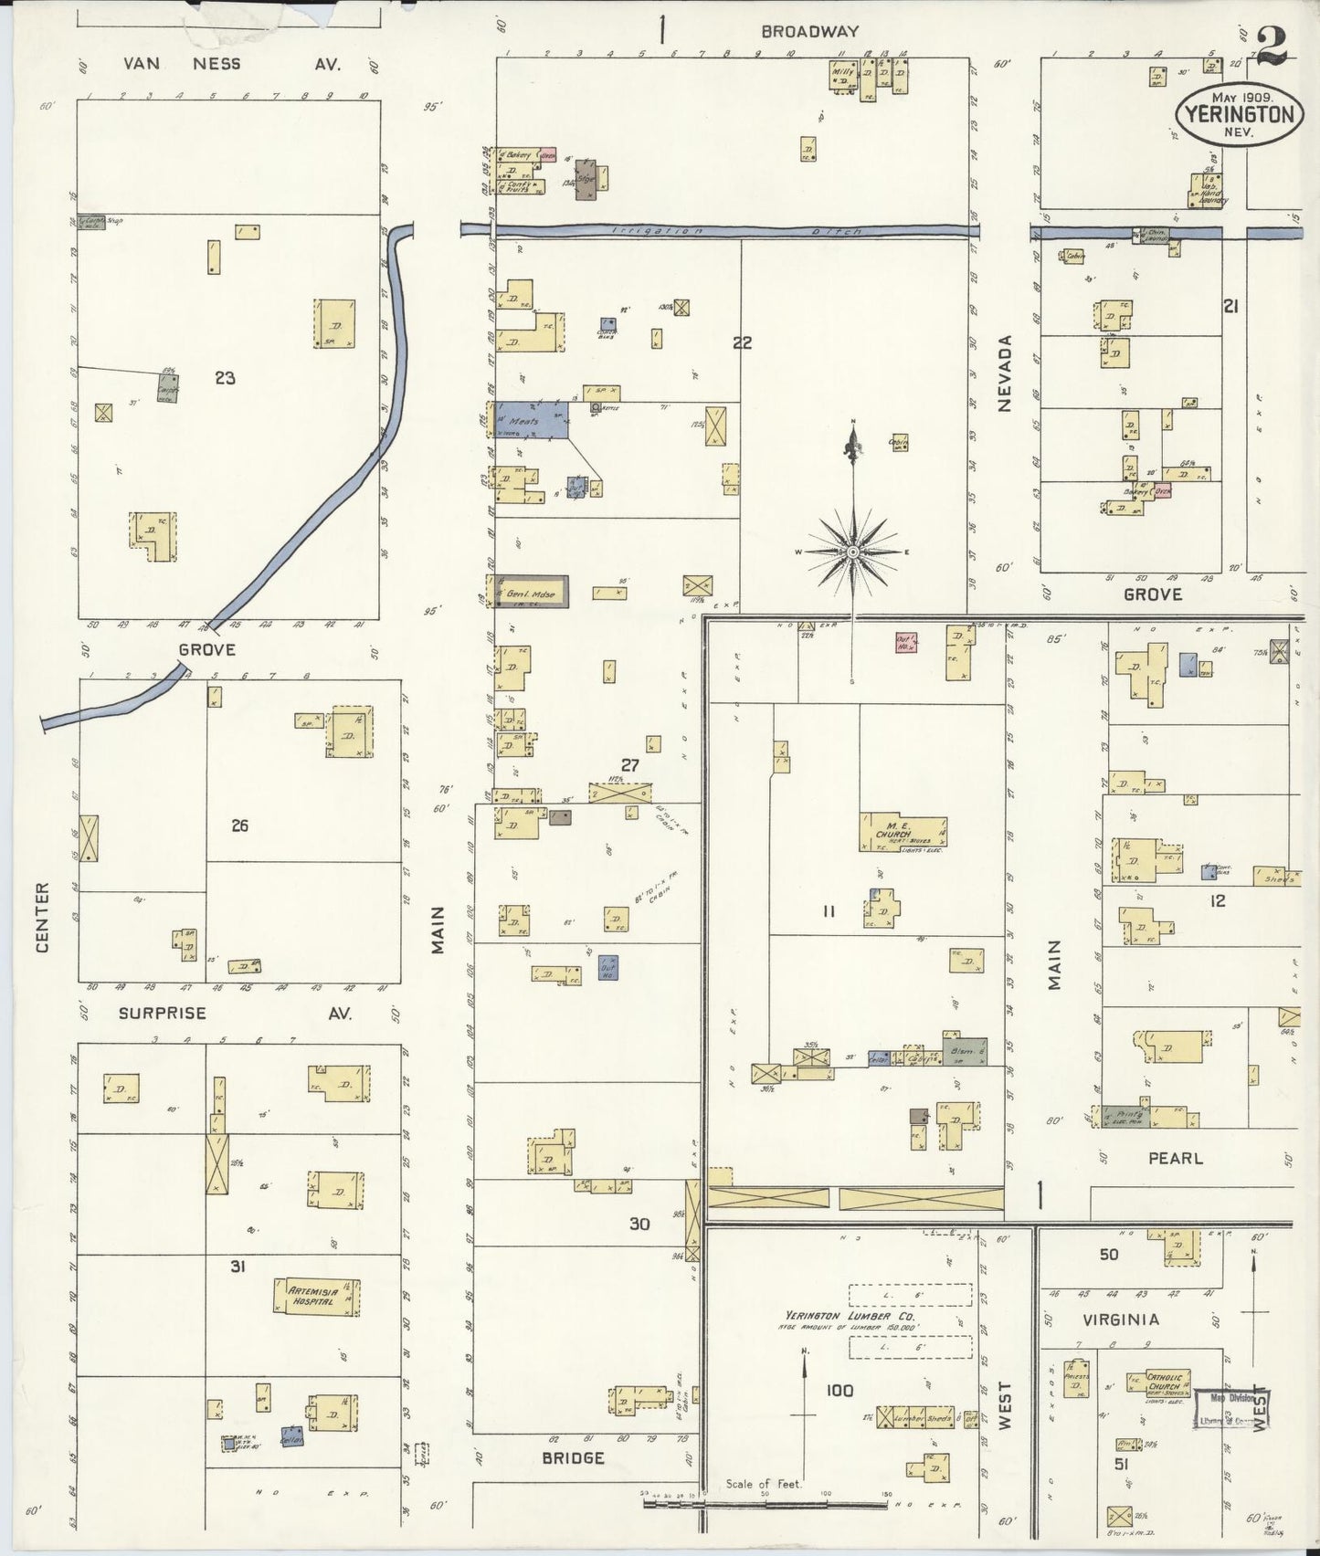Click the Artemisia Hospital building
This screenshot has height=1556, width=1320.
[316, 1297]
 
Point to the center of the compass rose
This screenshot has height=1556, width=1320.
[852, 552]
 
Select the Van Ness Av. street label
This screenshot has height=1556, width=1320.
[233, 64]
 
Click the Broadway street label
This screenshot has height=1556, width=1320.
[809, 31]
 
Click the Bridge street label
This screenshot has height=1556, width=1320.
[573, 1457]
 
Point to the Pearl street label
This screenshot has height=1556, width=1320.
[1175, 1158]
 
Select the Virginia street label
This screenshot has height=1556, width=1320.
[1121, 1319]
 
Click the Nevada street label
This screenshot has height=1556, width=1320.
[1005, 373]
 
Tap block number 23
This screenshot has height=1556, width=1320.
[225, 377]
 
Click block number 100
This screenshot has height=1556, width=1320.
[839, 1391]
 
